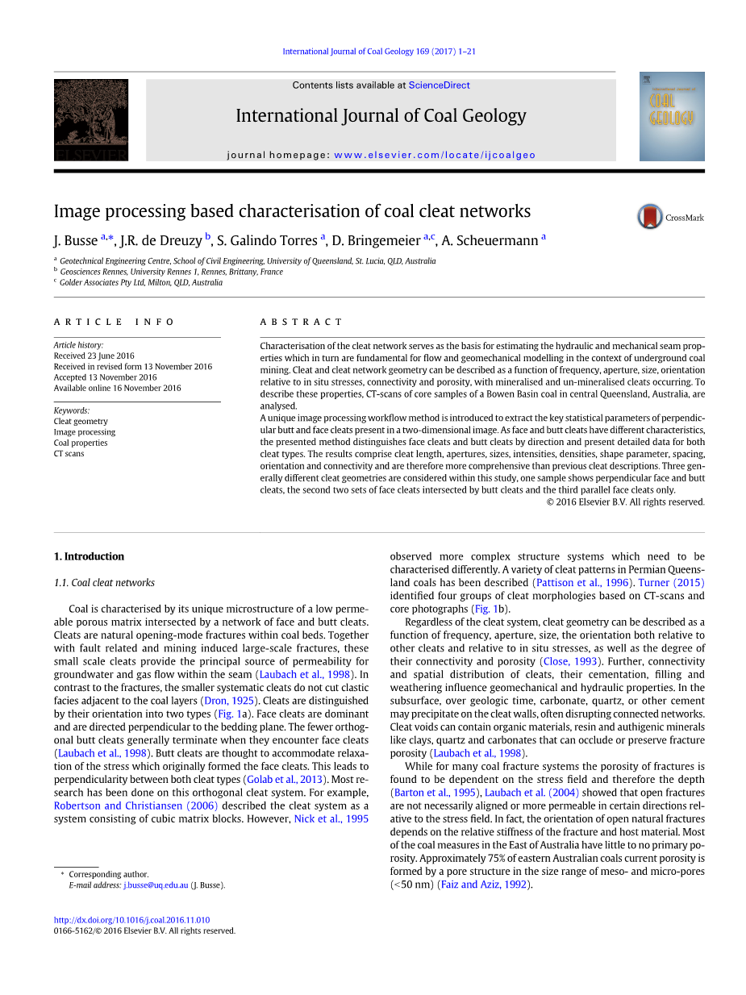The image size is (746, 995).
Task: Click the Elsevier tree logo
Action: [90, 119]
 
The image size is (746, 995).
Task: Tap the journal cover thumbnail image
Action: [672, 116]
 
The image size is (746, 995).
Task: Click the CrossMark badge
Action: [669, 217]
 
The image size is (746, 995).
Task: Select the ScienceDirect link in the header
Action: [439, 85]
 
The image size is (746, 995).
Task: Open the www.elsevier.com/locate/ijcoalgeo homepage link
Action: [435, 155]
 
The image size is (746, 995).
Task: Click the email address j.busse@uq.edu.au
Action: [156, 885]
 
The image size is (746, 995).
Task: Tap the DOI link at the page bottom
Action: [131, 920]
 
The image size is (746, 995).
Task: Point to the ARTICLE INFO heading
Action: [114, 322]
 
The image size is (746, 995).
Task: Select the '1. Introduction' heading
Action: [89, 556]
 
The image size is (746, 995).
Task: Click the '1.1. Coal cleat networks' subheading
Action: [104, 583]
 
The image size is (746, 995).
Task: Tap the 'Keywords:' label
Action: [72, 410]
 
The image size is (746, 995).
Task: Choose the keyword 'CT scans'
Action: [69, 453]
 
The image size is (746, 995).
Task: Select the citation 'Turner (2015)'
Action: [671, 583]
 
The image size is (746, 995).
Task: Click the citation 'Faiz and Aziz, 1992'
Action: [483, 885]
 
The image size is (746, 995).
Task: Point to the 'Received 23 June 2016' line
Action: [94, 356]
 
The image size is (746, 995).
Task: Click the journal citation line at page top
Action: [378, 52]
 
